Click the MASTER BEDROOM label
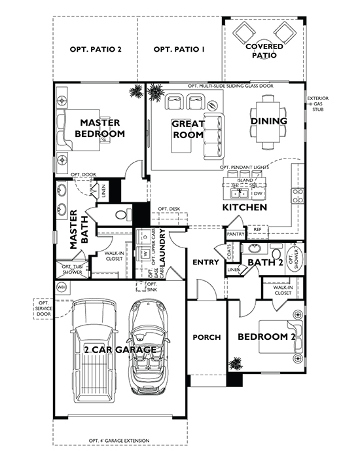tap(99, 128)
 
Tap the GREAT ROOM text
tap(189, 129)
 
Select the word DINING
tap(269, 120)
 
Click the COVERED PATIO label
tap(264, 51)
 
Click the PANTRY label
tap(235, 234)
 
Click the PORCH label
tap(206, 337)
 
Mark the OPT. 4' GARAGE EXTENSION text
tap(119, 440)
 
